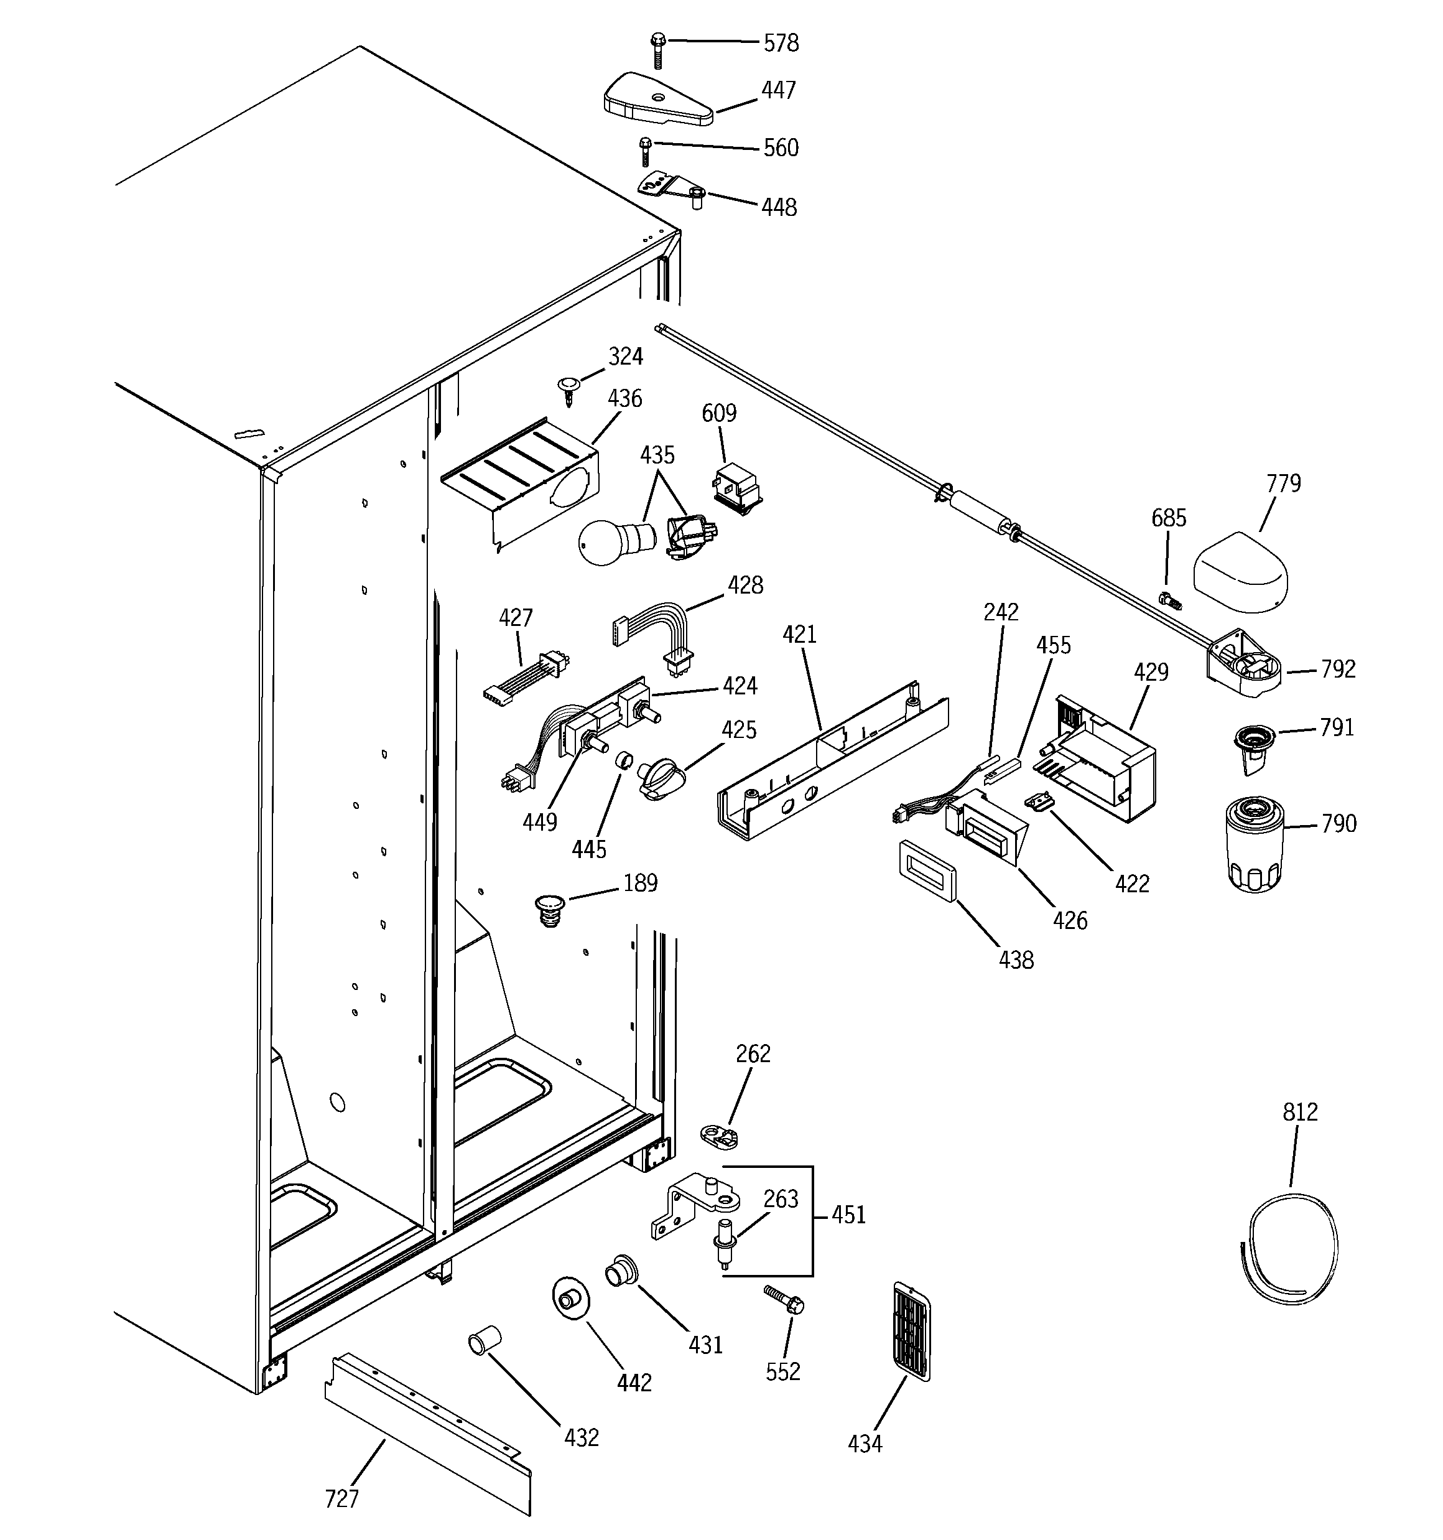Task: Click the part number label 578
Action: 780,44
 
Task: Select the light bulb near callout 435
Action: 612,541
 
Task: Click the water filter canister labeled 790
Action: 1255,846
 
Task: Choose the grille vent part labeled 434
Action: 911,1331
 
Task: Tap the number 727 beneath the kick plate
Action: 341,1500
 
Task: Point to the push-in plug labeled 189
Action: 550,910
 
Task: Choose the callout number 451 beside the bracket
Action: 848,1214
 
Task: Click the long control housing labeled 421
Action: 833,763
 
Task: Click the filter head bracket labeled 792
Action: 1244,665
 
